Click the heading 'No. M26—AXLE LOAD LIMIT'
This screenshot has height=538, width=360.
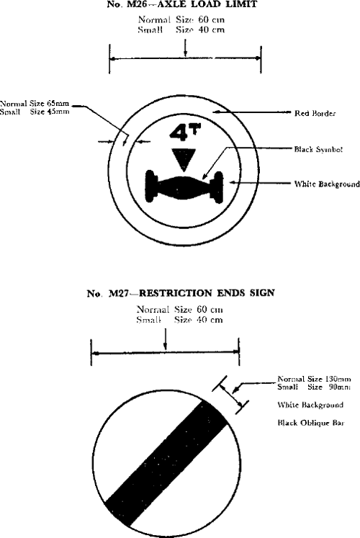[181, 4]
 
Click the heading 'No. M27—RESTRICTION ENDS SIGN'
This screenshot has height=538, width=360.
[181, 293]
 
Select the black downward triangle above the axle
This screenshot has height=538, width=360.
[184, 160]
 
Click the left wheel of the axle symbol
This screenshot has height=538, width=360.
[151, 185]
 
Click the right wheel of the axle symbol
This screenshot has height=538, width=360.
[217, 187]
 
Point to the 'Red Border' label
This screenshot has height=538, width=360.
[315, 113]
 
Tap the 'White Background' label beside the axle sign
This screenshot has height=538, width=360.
[327, 184]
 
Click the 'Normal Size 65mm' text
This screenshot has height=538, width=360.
[35, 103]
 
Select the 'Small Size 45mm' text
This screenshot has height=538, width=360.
[35, 112]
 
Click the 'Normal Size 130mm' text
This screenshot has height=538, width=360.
[314, 379]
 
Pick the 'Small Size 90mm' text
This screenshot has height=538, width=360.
[314, 387]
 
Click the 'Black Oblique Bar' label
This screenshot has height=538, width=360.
[311, 423]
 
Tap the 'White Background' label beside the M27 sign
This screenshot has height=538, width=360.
[310, 405]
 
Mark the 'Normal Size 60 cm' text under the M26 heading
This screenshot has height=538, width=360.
[181, 20]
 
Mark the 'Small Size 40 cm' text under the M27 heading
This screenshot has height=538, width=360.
[180, 320]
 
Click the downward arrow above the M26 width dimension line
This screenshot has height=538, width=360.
[186, 48]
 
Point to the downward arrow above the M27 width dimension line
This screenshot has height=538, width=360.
[166, 339]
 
